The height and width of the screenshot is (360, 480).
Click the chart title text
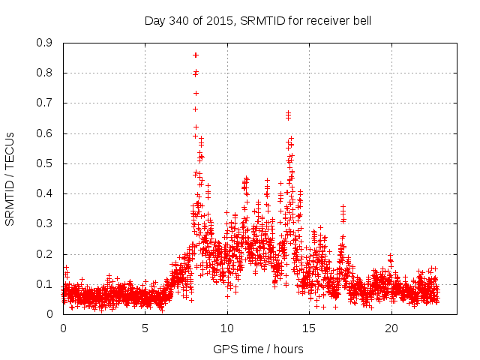coord(257,20)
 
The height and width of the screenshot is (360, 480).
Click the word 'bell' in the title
coord(361,20)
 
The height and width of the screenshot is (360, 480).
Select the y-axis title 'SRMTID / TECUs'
coord(10,178)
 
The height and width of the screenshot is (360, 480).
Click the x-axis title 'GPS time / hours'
coord(258,349)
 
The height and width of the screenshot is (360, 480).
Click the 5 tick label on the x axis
coord(145,328)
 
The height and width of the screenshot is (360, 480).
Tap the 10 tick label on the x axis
coord(227,328)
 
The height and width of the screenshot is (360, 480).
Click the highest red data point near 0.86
coord(196,55)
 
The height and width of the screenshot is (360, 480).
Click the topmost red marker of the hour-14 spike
coord(288,113)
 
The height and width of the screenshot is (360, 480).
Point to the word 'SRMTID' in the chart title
coord(257,20)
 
